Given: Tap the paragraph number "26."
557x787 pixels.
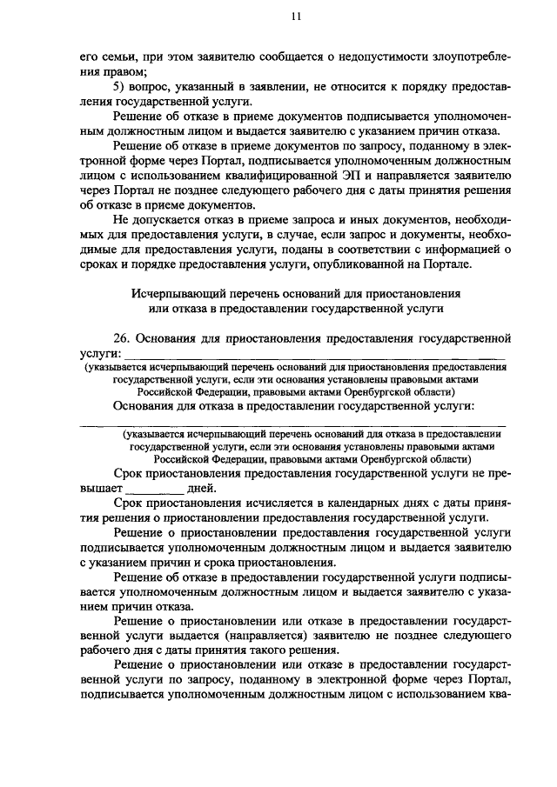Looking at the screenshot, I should [x=124, y=338].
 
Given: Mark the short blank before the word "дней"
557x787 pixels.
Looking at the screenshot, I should [x=150, y=489].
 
